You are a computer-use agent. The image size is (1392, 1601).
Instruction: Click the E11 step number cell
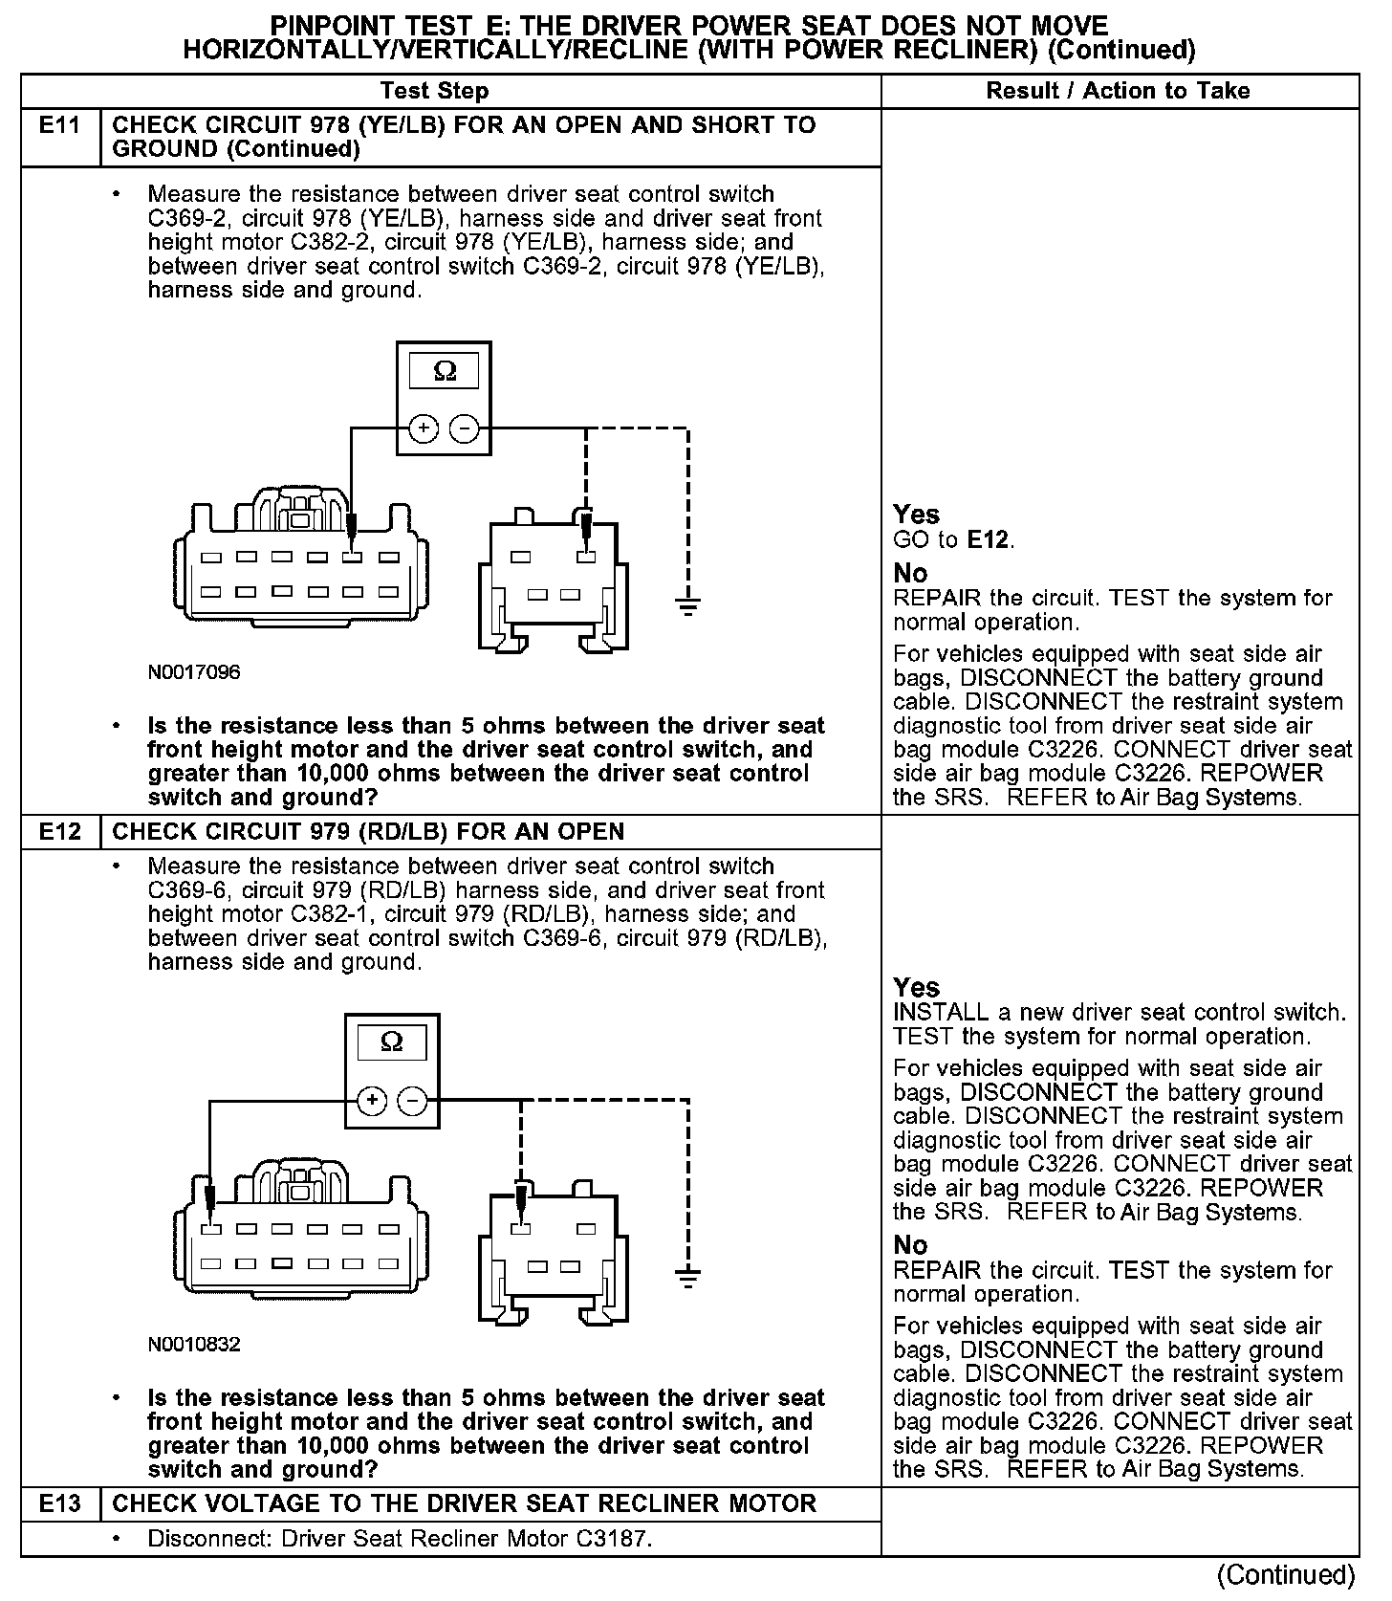tap(59, 126)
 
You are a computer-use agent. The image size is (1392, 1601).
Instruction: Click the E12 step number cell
tap(59, 832)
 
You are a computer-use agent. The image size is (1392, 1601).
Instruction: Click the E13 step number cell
tap(59, 1503)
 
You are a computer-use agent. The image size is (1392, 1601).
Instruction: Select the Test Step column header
tap(434, 91)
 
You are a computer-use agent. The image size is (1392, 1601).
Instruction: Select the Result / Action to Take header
tap(1118, 91)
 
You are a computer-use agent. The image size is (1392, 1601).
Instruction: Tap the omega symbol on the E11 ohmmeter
tap(445, 371)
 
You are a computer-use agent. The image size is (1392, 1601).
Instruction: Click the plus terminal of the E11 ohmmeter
tap(423, 429)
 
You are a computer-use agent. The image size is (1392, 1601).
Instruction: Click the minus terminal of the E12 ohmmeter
tap(413, 1101)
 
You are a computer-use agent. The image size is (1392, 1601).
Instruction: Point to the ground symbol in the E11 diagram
tap(687, 603)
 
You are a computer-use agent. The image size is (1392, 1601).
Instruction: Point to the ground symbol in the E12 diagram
tap(687, 1275)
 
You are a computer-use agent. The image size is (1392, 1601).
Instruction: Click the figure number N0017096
tap(194, 672)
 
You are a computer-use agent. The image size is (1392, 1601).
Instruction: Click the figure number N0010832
tap(194, 1345)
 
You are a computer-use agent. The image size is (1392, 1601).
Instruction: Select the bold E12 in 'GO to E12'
tap(988, 540)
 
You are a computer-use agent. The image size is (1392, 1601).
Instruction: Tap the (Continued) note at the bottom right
tap(1286, 1575)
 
